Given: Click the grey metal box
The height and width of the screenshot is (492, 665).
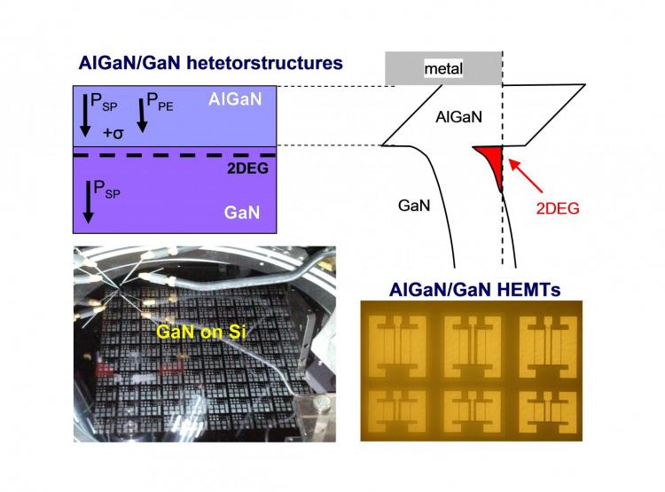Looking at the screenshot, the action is tap(443, 68).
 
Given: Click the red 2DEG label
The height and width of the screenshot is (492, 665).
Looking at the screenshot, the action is tap(558, 208).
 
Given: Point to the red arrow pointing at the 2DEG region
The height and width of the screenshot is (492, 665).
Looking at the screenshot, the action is tap(526, 176).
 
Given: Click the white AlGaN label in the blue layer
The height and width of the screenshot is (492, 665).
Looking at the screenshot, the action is tap(235, 99).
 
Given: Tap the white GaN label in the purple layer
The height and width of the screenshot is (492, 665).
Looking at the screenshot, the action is tap(242, 212).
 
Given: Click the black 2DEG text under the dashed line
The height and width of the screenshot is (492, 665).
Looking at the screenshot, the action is tap(247, 168).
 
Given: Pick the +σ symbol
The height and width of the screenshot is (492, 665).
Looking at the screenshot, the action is tap(113, 133).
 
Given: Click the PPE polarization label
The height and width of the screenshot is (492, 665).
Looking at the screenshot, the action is tap(160, 102).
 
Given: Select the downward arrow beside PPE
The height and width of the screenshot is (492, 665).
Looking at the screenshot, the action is tap(142, 115).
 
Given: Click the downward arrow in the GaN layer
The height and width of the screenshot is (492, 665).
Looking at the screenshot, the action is tap(88, 202).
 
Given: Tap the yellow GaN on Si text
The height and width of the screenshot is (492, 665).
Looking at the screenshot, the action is tap(201, 332).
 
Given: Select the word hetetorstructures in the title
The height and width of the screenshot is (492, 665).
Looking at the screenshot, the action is tap(264, 63).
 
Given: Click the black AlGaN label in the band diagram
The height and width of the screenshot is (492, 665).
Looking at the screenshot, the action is tap(459, 117).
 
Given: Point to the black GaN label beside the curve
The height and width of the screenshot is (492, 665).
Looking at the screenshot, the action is tap(414, 206).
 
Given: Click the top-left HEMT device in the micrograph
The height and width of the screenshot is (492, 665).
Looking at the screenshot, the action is tap(397, 346).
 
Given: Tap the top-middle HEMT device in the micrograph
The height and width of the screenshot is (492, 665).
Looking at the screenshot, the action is tap(473, 346).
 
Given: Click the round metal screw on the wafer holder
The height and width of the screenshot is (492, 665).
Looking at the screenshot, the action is tap(320, 403).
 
